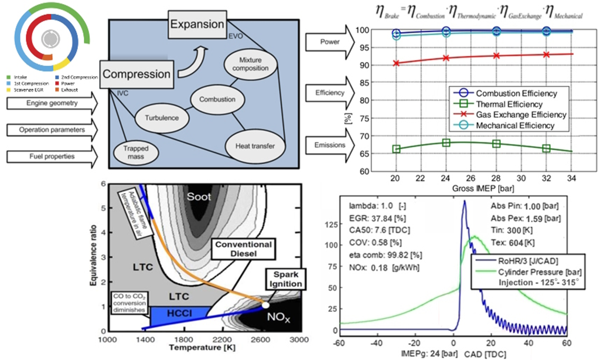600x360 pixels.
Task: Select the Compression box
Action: pyautogui.click(x=137, y=74)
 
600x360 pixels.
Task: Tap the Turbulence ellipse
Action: pyautogui.click(x=158, y=118)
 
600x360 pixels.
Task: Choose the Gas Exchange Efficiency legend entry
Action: pyautogui.click(x=513, y=114)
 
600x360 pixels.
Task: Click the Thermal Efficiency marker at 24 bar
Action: pyautogui.click(x=446, y=142)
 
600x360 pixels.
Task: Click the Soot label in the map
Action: pyautogui.click(x=199, y=197)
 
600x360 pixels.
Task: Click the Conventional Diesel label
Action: pyautogui.click(x=241, y=249)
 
